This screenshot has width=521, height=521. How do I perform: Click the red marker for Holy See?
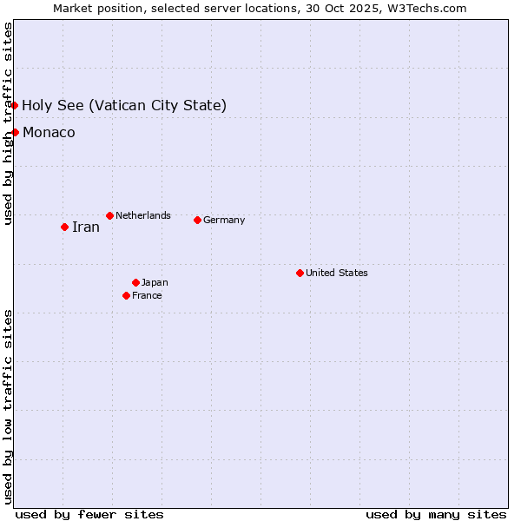(x=15, y=105)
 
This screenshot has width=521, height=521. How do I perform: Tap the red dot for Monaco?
(x=15, y=132)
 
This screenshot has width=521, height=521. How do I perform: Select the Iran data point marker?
(x=64, y=227)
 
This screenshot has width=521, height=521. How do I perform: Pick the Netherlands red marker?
(x=109, y=215)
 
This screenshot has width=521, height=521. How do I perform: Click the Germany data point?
(x=197, y=220)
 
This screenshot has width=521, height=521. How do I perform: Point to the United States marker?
(x=300, y=273)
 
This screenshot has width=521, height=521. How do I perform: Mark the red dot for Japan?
(x=135, y=282)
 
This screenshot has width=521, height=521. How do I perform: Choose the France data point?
(x=126, y=295)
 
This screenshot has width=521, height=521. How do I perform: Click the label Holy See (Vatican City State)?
(x=124, y=106)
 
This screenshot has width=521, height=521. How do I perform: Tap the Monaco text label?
(x=49, y=133)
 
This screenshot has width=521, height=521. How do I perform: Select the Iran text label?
(x=85, y=228)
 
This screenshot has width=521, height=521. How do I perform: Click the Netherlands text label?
(x=143, y=215)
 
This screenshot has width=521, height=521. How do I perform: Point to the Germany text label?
(x=224, y=220)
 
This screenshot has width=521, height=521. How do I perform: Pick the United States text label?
(x=337, y=273)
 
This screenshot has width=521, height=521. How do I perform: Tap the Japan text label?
(x=155, y=282)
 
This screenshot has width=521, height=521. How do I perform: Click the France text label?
(x=147, y=295)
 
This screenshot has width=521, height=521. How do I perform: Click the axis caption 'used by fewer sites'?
(x=89, y=514)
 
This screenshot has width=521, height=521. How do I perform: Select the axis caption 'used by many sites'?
(x=436, y=514)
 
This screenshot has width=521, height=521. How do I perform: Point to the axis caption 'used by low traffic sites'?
(x=8, y=406)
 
